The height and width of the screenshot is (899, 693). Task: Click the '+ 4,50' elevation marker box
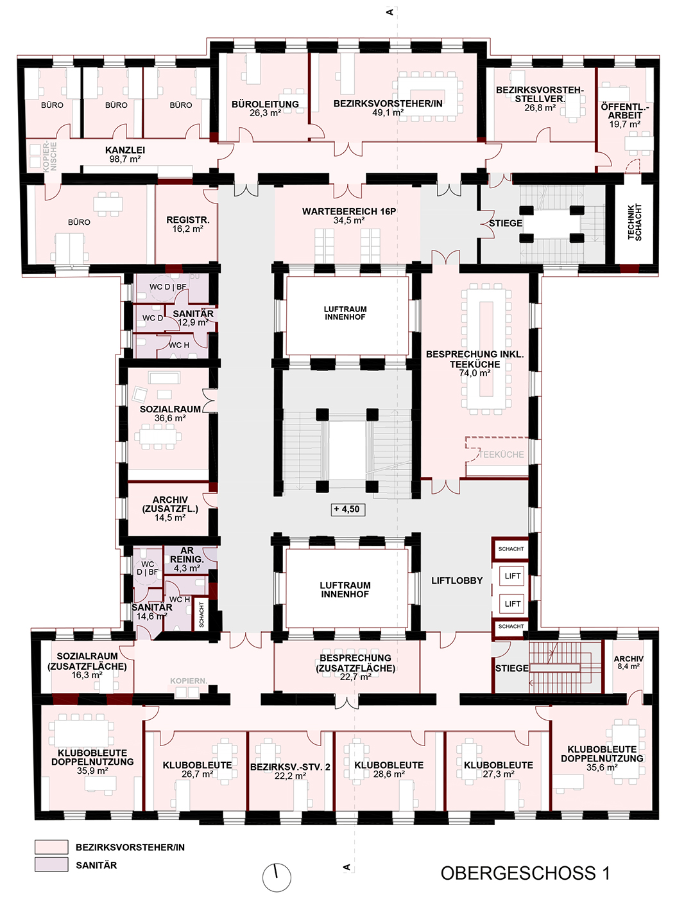(x=348, y=509)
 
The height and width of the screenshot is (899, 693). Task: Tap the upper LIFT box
(x=513, y=576)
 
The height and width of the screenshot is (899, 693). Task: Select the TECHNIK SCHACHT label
(x=635, y=222)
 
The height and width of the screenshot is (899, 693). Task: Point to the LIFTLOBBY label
(x=457, y=580)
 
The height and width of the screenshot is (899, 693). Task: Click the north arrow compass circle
(x=277, y=877)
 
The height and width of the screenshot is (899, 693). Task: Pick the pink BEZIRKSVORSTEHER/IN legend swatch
(x=51, y=846)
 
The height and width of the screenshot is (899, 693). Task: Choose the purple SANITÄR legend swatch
(x=51, y=865)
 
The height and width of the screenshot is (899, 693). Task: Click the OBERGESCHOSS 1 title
(x=525, y=873)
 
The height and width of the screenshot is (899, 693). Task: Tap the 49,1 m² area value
(x=388, y=112)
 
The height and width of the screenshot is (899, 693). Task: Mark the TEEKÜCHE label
(x=501, y=454)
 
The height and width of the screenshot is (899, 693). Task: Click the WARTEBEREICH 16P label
(x=349, y=211)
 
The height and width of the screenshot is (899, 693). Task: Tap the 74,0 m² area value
(x=474, y=372)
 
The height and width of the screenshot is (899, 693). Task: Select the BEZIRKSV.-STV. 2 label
(x=290, y=767)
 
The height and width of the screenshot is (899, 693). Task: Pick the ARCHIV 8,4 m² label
(x=629, y=662)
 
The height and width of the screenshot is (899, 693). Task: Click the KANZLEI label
(x=124, y=150)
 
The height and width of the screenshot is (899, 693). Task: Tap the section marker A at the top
(x=389, y=12)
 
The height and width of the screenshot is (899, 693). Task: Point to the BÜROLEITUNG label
(x=265, y=104)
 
